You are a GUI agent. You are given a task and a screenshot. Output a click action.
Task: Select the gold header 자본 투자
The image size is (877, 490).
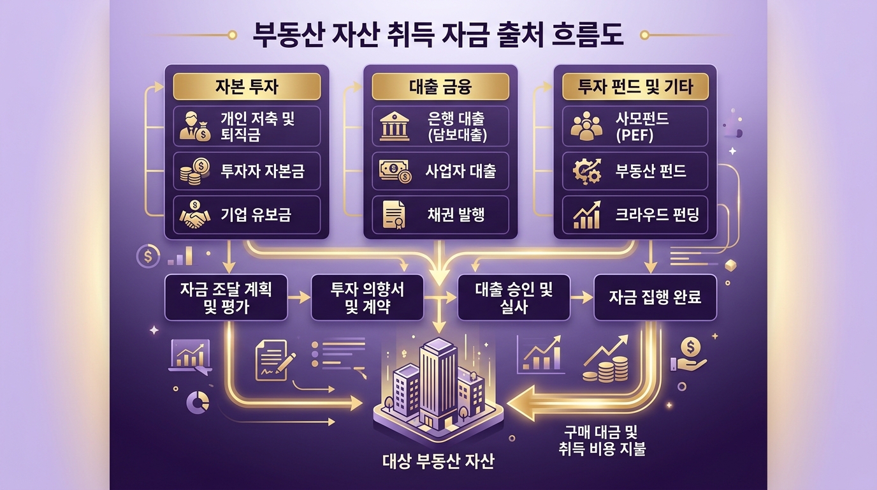[x=247, y=86]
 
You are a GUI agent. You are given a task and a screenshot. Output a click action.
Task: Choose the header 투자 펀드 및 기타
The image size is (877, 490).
[x=635, y=86]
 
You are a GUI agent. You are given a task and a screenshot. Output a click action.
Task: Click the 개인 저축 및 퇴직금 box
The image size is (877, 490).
[x=247, y=125]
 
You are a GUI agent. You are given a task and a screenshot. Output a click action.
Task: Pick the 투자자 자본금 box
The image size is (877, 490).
[x=247, y=172]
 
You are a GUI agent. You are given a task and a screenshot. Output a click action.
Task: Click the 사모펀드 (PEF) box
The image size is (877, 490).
[x=635, y=125]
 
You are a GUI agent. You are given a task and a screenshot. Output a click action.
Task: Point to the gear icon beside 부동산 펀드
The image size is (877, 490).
[x=585, y=172]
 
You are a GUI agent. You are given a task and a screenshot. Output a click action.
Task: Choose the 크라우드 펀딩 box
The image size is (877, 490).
[x=635, y=215]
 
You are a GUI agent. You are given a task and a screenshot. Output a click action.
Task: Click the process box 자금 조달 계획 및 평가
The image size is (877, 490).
[x=226, y=297]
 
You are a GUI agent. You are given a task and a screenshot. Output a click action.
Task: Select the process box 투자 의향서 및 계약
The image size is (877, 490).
[x=368, y=297]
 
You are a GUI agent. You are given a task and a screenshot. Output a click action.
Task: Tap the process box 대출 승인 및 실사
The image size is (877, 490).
[x=514, y=297]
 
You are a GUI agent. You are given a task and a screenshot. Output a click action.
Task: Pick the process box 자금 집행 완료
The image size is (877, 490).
[x=655, y=297]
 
